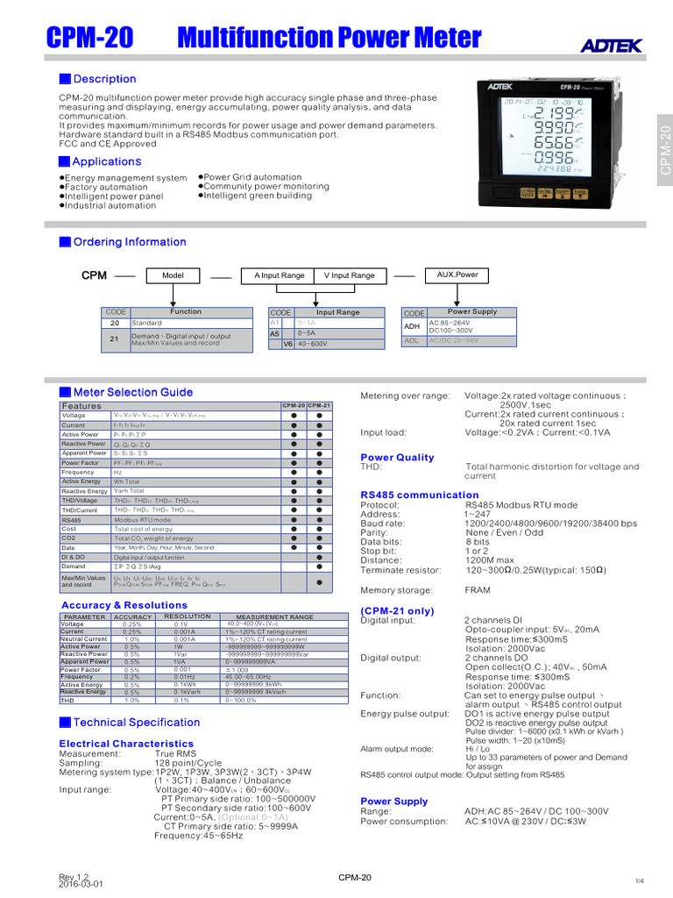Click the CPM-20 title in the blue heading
click(x=89, y=38)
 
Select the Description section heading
click(x=103, y=79)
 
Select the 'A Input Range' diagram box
click(x=280, y=275)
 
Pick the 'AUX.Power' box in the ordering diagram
click(x=457, y=274)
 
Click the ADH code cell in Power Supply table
click(x=413, y=326)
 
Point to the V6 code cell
click(x=287, y=345)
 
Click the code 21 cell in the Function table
click(x=115, y=339)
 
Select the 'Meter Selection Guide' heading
click(x=132, y=392)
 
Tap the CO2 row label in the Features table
click(x=69, y=538)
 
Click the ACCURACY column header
click(x=132, y=616)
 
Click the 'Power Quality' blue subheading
click(x=397, y=457)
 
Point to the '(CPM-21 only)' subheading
click(x=397, y=610)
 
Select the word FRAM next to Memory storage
click(x=478, y=590)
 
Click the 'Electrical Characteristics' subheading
click(x=126, y=744)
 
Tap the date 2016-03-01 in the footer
click(x=81, y=884)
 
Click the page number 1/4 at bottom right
click(x=638, y=880)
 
